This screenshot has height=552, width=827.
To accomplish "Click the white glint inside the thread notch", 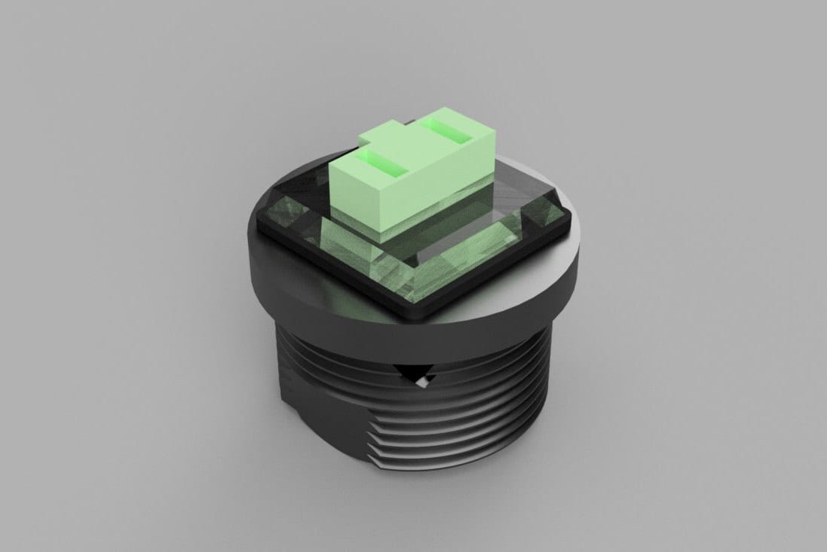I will point(422,383).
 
